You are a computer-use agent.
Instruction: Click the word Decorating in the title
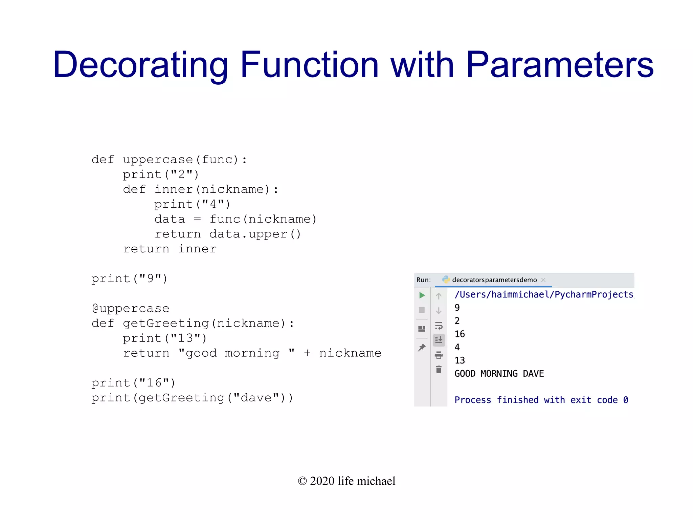click(140, 65)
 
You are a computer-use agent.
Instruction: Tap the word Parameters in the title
click(560, 65)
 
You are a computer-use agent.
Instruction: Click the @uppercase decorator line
click(130, 309)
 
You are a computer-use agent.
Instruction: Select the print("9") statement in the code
click(129, 279)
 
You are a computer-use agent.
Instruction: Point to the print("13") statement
click(164, 338)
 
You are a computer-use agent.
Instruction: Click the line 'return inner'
click(170, 249)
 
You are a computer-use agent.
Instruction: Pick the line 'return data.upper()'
click(227, 234)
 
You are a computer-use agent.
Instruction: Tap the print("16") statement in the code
click(133, 383)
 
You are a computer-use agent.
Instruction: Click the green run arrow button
click(422, 295)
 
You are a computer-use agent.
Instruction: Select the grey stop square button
click(422, 310)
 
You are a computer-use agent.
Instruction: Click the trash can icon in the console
click(439, 370)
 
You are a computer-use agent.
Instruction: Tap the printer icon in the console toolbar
click(439, 355)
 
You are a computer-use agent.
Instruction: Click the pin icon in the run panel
click(422, 348)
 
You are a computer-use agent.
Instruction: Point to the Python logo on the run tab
click(446, 279)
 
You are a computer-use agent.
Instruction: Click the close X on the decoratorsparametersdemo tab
click(543, 280)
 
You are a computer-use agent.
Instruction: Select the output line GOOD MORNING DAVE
click(499, 374)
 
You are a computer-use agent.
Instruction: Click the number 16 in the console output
click(460, 334)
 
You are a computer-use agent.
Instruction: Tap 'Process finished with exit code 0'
click(541, 400)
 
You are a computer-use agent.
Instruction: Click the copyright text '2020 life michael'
click(346, 481)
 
